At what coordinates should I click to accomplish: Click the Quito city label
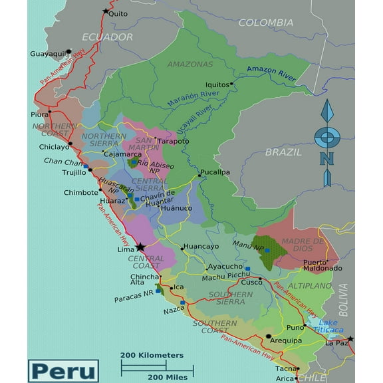pyautogui.click(x=118, y=13)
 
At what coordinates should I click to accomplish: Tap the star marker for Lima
pyautogui.click(x=140, y=247)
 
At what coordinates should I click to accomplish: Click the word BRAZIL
pyautogui.click(x=283, y=152)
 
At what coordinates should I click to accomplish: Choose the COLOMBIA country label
pyautogui.click(x=265, y=23)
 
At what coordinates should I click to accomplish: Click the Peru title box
pyautogui.click(x=63, y=370)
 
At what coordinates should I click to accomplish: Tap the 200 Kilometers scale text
pyautogui.click(x=152, y=355)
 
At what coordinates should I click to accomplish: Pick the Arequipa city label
pyautogui.click(x=286, y=340)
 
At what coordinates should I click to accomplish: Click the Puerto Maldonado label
pyautogui.click(x=322, y=265)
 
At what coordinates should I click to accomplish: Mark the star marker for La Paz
pyautogui.click(x=350, y=339)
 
